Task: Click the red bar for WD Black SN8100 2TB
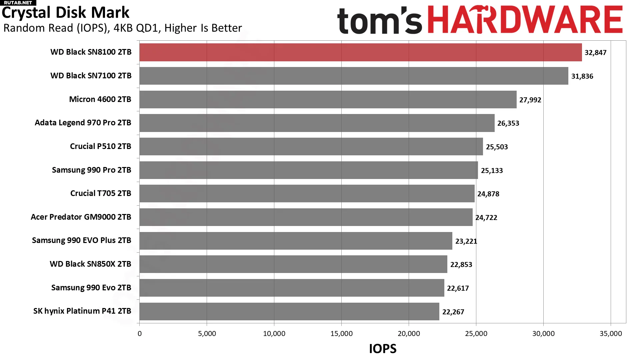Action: pos(360,52)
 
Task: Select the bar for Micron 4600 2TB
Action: pos(328,99)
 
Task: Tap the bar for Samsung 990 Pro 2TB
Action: pos(308,170)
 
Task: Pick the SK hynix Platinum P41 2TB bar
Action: pos(289,311)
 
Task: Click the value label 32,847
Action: pos(595,53)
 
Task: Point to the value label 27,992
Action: pos(530,100)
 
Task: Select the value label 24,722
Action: pos(486,218)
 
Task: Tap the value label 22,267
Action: pos(453,312)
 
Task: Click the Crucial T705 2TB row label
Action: pos(101,193)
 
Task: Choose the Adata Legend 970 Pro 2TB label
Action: pos(83,123)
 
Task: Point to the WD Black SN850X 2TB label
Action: pos(90,264)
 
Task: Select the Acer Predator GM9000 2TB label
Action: pos(81,217)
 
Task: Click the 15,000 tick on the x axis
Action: pos(341,334)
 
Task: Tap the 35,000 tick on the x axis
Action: pos(611,334)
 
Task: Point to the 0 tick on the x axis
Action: pos(140,334)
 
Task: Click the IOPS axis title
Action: pos(383,349)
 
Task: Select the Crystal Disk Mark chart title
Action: pos(65,13)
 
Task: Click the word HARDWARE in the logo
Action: pos(525,20)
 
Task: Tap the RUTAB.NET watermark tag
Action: pos(18,3)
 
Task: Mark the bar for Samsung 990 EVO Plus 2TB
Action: pos(296,241)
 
